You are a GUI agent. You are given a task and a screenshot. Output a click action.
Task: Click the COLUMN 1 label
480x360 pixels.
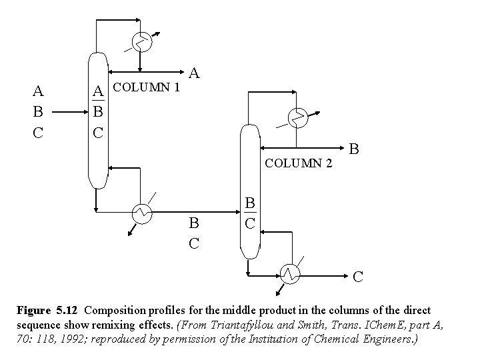coord(147,87)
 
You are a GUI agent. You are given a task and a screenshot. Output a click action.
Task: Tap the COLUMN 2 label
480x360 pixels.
coord(299,163)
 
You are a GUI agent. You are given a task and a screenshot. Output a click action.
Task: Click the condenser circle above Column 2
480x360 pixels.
coord(298,118)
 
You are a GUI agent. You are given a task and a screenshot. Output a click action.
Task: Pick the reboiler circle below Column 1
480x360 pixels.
coord(142,213)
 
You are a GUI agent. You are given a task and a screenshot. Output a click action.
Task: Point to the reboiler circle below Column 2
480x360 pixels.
coord(289,273)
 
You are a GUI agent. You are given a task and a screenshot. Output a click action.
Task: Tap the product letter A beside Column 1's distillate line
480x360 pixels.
coord(195,72)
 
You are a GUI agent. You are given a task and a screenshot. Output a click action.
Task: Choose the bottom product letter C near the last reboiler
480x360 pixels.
coord(358,275)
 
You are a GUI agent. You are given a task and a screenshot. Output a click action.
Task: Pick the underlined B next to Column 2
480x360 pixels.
coord(249,202)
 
